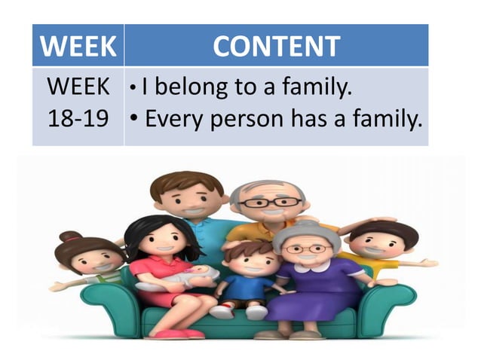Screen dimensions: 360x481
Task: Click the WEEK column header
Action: (78, 46)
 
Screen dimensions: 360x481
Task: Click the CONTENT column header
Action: (276, 46)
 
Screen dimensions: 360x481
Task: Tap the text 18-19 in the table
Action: (78, 118)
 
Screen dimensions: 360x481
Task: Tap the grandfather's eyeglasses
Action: (269, 203)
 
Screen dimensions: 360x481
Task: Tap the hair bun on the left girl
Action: (70, 236)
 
